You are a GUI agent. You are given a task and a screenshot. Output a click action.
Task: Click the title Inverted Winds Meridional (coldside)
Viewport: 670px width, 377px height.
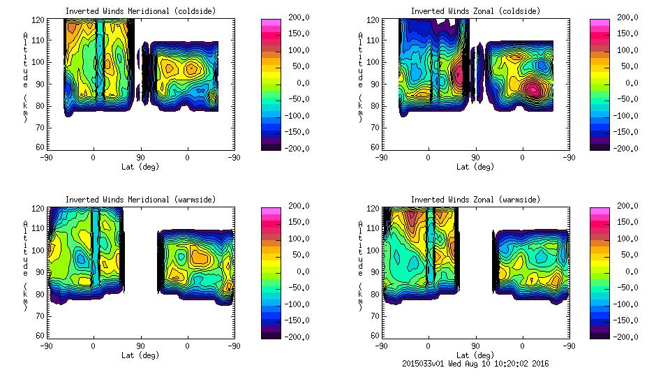pyautogui.click(x=140, y=11)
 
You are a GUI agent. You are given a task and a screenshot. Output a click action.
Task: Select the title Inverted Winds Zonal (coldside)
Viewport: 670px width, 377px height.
pyautogui.click(x=475, y=11)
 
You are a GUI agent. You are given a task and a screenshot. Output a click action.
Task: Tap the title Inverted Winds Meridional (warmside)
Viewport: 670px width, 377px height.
pyautogui.click(x=140, y=200)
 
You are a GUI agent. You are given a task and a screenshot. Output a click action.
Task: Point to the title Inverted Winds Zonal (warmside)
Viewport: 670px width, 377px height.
pyautogui.click(x=475, y=200)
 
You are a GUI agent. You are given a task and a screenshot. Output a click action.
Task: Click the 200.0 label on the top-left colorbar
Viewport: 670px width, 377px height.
pyautogui.click(x=297, y=17)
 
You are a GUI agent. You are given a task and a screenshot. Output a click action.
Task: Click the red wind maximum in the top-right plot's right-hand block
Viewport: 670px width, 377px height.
pyautogui.click(x=533, y=89)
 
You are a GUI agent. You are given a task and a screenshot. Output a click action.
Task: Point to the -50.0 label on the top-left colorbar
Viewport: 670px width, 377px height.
pyautogui.click(x=297, y=99)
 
